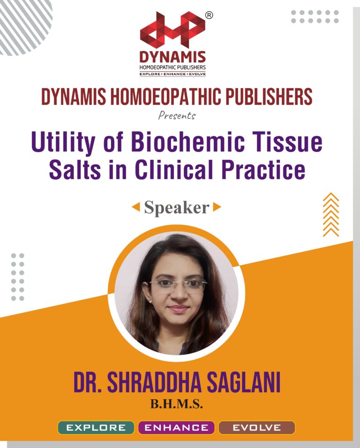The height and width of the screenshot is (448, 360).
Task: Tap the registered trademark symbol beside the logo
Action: pyautogui.click(x=209, y=15)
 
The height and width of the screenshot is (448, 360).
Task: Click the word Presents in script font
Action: pyautogui.click(x=177, y=115)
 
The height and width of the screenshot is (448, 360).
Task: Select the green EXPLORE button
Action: pyautogui.click(x=96, y=427)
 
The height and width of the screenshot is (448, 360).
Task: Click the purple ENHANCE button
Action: pyautogui.click(x=176, y=427)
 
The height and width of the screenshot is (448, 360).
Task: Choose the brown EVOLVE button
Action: pyautogui.click(x=257, y=427)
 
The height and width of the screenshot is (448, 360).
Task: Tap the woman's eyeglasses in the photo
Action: pyautogui.click(x=178, y=284)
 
